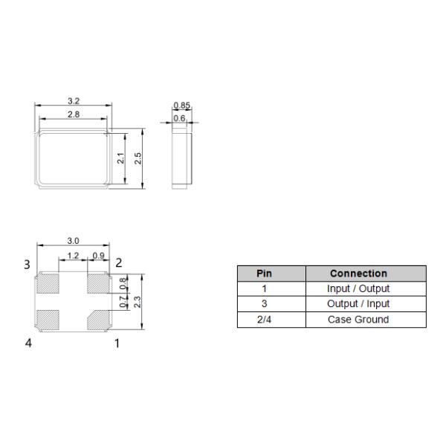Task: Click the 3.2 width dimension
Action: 74,101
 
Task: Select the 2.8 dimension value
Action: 74,114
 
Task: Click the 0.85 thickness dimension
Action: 181,105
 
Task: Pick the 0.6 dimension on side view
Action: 179,117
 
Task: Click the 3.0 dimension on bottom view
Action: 74,241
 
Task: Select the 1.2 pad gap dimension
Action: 73,256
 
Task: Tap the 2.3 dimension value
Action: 137,301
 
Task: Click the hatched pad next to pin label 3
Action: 48,283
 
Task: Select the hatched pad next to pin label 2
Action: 97,283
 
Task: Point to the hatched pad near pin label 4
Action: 48,319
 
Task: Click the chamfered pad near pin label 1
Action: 97,319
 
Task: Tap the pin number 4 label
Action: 28,343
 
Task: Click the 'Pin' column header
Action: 264,274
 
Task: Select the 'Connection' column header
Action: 358,274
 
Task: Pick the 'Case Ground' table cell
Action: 358,320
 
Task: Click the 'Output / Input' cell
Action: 358,304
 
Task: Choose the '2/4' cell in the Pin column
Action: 264,320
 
